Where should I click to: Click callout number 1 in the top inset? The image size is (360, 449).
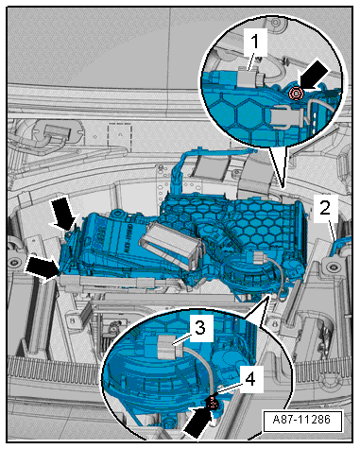point(255,42)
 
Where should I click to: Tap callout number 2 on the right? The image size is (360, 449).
point(325,208)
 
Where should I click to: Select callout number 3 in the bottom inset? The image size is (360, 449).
point(199,328)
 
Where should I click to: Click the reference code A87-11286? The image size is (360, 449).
point(302,420)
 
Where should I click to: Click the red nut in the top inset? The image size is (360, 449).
point(296,94)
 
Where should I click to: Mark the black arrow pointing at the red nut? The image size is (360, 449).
point(314,76)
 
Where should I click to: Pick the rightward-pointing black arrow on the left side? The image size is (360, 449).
point(42,268)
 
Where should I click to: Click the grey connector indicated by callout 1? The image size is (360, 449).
point(249,77)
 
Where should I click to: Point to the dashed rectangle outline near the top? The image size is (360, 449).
point(120,136)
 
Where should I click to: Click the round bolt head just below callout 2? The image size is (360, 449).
point(331,268)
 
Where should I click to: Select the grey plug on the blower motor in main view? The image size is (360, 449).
point(259,258)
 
